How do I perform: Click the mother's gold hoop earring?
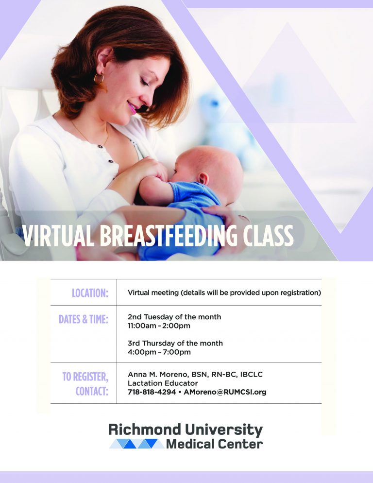99,79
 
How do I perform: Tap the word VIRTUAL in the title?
59,237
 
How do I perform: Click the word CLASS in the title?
271,237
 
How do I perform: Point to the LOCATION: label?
90,293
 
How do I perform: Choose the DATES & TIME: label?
84,319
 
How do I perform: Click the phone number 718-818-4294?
153,392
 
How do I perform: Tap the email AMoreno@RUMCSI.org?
226,392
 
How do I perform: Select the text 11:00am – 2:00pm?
159,326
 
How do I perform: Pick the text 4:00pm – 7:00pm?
159,352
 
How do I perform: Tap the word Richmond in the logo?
145,429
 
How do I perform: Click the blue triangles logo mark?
136,444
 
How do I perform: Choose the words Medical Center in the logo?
214,444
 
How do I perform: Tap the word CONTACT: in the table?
92,391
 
